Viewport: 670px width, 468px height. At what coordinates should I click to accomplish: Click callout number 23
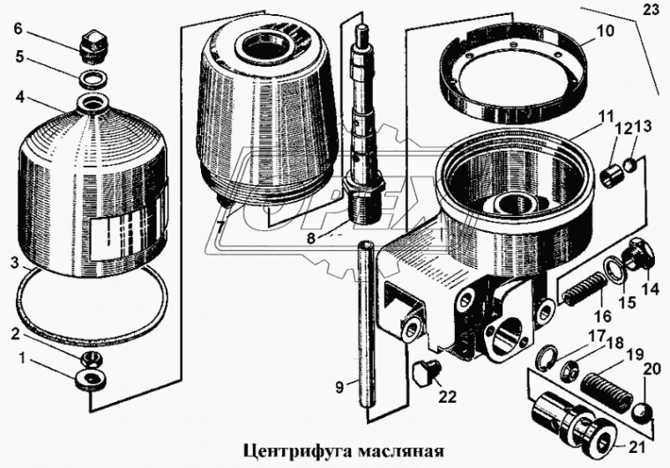(651, 12)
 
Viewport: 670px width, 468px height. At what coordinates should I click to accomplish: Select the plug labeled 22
(427, 373)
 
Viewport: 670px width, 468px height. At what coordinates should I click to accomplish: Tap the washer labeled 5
(90, 79)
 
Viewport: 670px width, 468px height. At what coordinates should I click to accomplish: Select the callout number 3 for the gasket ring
(11, 263)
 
